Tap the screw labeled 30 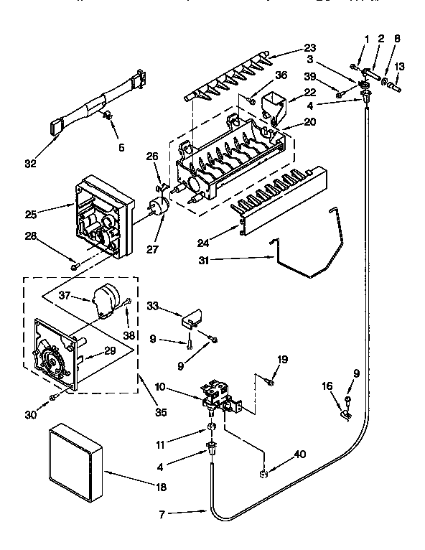click(x=53, y=396)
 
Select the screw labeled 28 click(x=75, y=266)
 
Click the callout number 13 click(x=400, y=66)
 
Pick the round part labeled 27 click(x=157, y=205)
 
